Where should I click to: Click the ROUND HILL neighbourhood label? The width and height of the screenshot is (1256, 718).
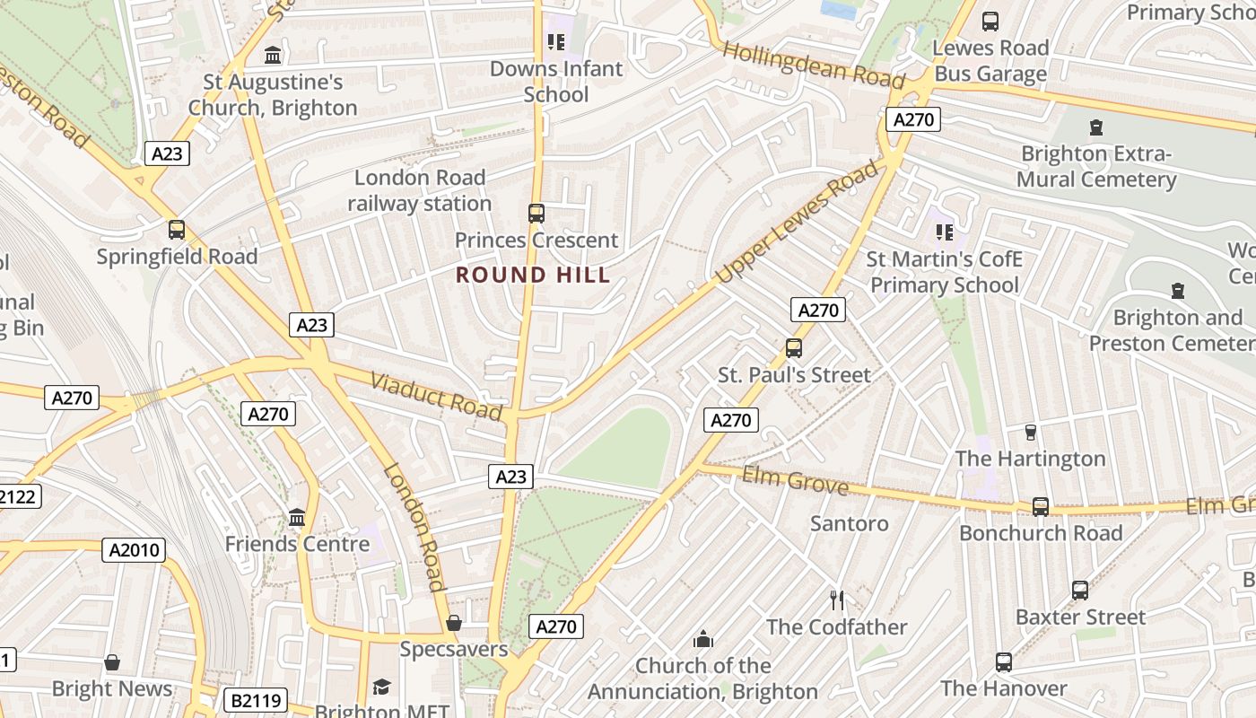coord(533,275)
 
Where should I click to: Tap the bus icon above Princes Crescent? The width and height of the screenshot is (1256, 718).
coord(536,214)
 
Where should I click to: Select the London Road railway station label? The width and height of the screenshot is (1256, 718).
coord(420,190)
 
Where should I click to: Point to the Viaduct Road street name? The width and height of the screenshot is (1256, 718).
coord(436,395)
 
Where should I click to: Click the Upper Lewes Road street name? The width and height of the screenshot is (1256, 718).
coord(798,223)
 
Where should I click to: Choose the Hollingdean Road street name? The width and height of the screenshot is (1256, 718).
coord(814,64)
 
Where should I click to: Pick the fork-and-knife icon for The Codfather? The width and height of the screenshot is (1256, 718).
coord(837,600)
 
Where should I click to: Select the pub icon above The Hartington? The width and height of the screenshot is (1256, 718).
coord(1030,432)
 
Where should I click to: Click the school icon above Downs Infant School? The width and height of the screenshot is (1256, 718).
coord(555,41)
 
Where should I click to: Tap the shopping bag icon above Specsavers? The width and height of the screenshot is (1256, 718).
coord(454,622)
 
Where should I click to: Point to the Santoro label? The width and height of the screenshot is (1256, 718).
coord(849,523)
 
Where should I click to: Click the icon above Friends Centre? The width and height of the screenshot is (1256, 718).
coord(297,517)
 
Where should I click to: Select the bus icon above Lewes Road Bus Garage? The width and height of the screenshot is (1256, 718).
coord(990,21)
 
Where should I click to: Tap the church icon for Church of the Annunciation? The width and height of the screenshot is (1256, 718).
coord(703,639)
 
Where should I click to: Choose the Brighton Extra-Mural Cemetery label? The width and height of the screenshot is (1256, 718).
coord(1096,166)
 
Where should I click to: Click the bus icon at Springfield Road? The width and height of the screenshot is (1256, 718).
coord(177,229)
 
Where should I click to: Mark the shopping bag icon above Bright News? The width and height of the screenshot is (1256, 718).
coord(112,662)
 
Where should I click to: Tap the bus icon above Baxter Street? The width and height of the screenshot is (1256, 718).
coord(1080,590)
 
